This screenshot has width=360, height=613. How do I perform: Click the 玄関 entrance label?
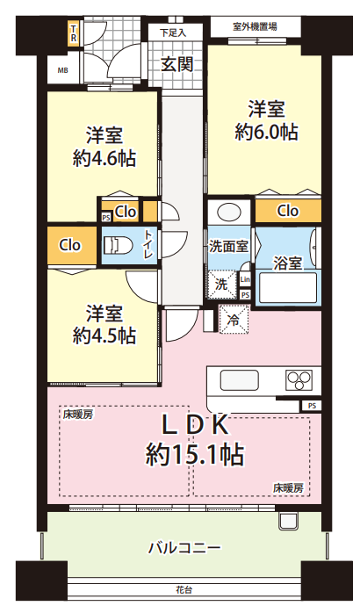click(x=177, y=64)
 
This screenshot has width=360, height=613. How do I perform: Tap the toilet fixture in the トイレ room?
click(x=118, y=245)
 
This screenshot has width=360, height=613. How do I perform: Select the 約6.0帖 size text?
click(x=267, y=133)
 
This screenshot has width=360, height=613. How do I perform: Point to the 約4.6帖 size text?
click(x=104, y=159)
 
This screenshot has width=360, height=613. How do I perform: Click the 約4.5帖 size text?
click(x=104, y=335)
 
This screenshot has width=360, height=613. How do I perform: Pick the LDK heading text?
click(x=196, y=425)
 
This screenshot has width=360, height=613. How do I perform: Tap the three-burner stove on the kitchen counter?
click(x=299, y=380)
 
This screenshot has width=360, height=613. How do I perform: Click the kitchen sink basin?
click(x=239, y=380)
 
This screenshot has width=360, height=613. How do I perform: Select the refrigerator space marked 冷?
click(x=234, y=320)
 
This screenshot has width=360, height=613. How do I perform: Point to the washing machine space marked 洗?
click(x=221, y=285)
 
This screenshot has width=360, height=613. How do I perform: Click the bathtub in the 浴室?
click(x=288, y=288)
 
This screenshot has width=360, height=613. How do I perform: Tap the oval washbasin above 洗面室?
click(x=229, y=213)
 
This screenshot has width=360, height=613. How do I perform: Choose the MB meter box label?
click(x=63, y=70)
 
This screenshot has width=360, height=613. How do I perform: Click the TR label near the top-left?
click(x=73, y=33)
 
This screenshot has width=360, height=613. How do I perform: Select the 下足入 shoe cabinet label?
click(x=172, y=32)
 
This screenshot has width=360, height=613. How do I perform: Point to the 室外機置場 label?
click(x=255, y=26)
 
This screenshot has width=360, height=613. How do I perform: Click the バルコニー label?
click(x=184, y=548)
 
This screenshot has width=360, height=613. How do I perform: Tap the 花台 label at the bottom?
click(x=184, y=589)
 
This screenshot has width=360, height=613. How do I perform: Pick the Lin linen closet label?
click(x=245, y=279)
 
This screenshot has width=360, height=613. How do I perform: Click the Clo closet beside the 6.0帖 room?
click(x=288, y=211)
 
